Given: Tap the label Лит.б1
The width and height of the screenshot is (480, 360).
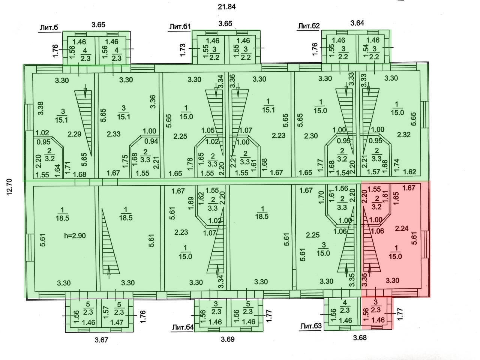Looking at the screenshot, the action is (180, 27).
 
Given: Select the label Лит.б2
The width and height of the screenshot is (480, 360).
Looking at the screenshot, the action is (309, 26).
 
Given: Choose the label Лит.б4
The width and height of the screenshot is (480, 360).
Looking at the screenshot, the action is (183, 327).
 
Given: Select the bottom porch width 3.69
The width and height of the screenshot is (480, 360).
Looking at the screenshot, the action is (227, 340).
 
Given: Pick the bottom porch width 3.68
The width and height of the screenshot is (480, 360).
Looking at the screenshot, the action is (360, 337).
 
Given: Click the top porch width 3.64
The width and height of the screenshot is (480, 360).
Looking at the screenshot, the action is (357, 23).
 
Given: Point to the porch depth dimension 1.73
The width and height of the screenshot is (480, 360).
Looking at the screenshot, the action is (183, 49).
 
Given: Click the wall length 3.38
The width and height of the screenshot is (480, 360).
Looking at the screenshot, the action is (41, 109).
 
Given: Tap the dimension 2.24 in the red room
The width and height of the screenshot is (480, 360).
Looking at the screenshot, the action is (402, 228).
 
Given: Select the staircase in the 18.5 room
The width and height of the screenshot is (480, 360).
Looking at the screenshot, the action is (109, 244).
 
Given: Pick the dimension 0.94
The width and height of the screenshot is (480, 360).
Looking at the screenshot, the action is (151, 141).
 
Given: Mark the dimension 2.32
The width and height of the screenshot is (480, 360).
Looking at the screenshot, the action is (403, 135).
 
